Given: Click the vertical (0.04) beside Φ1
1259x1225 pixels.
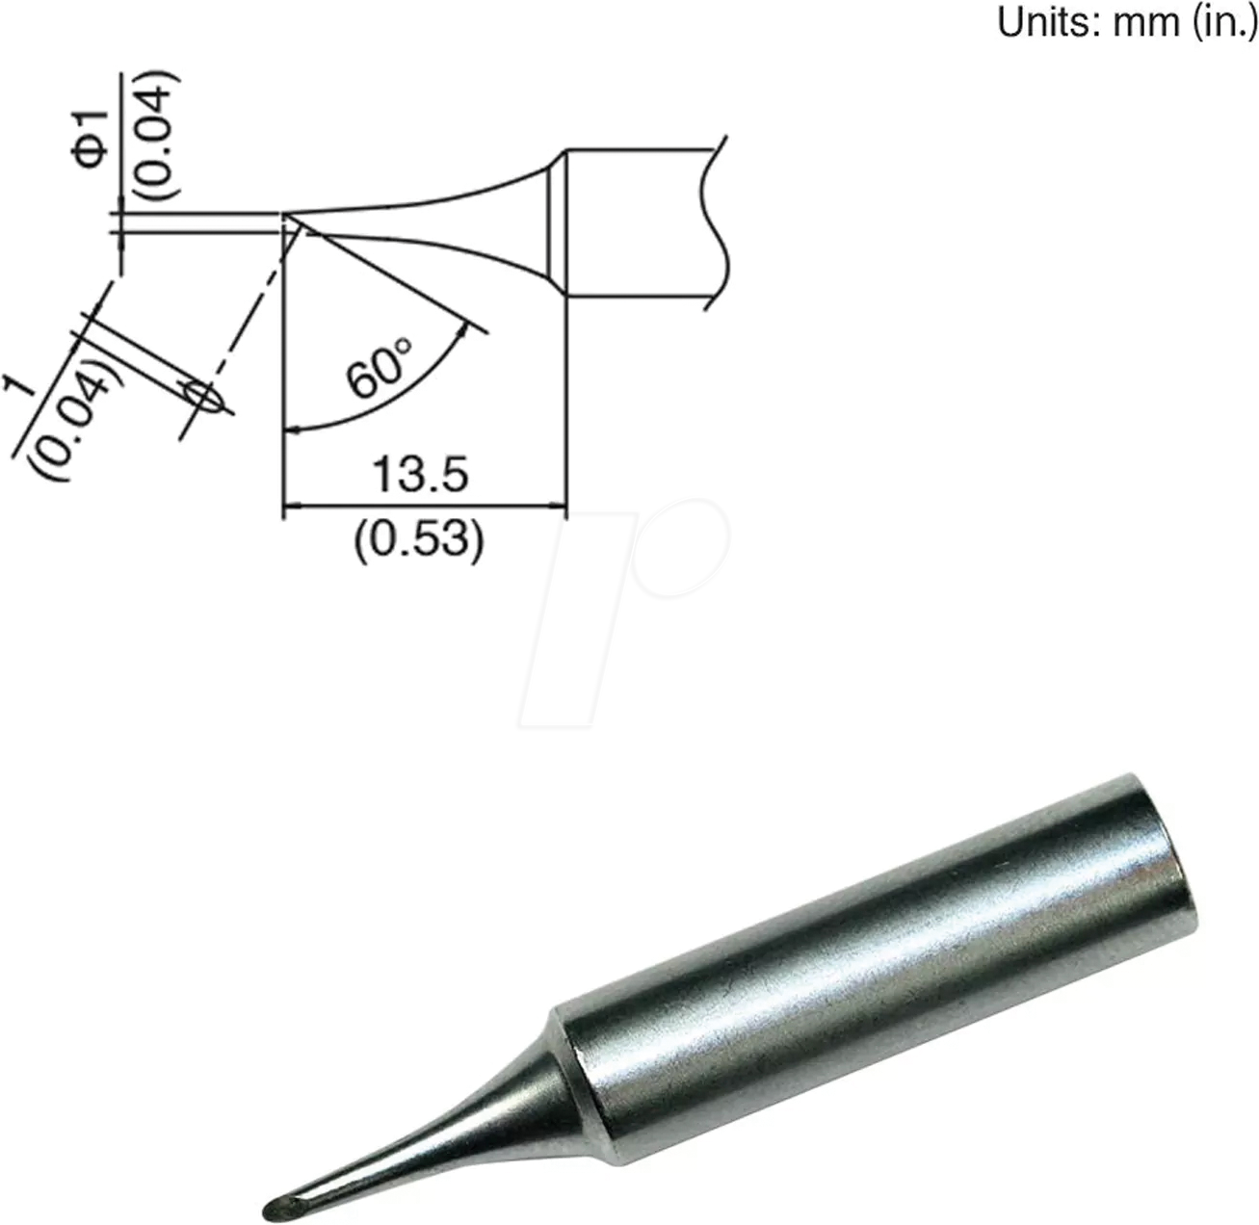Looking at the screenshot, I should click(x=154, y=136).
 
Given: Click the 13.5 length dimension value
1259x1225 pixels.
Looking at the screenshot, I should click(x=421, y=475).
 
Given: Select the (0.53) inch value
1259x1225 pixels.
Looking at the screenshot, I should click(x=418, y=541).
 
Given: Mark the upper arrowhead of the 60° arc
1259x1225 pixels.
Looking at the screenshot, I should click(x=466, y=329).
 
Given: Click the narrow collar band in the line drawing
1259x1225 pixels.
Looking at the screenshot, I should click(x=556, y=223).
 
